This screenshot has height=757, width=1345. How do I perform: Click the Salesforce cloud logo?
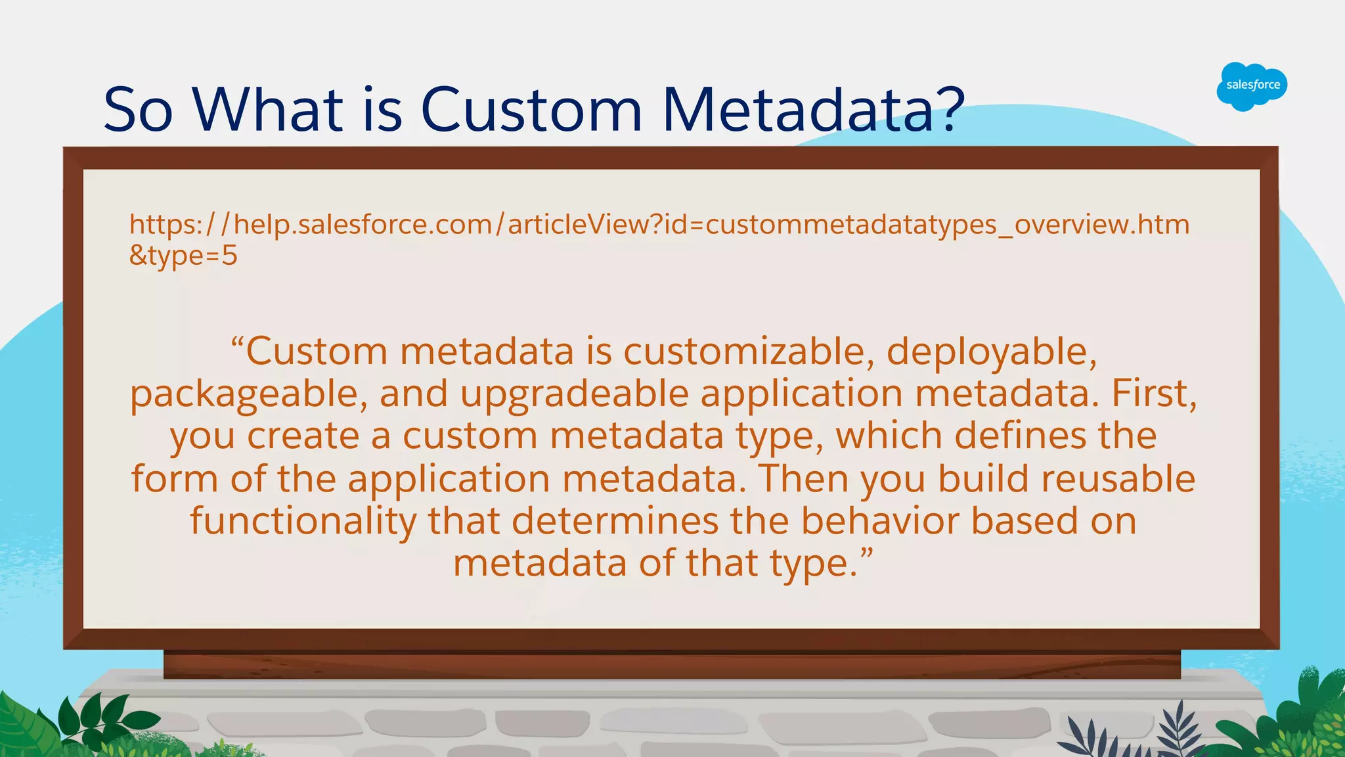pyautogui.click(x=1252, y=86)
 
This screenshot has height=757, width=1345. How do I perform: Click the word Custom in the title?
pyautogui.click(x=531, y=109)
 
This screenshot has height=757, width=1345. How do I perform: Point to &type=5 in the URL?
pyautogui.click(x=183, y=256)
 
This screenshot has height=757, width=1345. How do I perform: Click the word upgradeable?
pyautogui.click(x=573, y=395)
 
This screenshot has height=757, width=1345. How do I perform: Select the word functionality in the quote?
pyautogui.click(x=303, y=521)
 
